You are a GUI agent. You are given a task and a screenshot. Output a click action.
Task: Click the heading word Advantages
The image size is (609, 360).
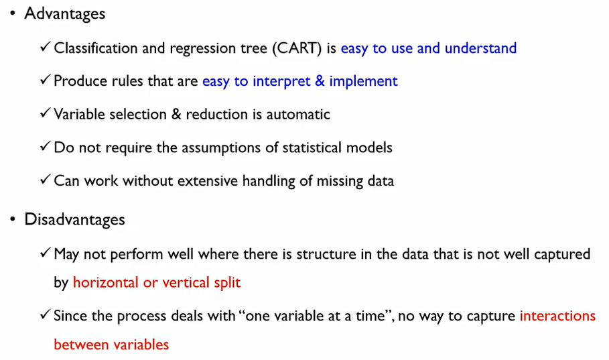[65, 14]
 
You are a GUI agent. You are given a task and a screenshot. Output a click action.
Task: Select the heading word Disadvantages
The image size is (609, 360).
[74, 220]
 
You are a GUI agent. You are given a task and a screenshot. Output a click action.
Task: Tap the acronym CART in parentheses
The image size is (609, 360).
[297, 48]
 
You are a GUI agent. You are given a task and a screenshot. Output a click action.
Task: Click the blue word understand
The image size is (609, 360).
[480, 48]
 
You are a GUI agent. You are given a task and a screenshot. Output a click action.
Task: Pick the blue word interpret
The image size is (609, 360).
[281, 81]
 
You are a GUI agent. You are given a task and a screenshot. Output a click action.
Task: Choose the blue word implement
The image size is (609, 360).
[364, 81]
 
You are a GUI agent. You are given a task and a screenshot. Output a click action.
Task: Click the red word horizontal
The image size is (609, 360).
[106, 282]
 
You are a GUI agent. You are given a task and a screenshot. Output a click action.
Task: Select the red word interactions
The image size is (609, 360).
[557, 316]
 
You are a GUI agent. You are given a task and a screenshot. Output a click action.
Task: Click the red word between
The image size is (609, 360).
[81, 345]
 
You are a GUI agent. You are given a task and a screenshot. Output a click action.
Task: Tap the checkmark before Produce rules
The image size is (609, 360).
[45, 80]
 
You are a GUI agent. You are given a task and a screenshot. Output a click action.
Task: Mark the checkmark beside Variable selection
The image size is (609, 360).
[45, 113]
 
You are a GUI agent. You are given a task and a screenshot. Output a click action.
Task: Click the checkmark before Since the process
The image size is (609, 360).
[45, 314]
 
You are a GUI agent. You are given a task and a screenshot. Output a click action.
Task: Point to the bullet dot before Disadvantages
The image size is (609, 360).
[13, 219]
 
